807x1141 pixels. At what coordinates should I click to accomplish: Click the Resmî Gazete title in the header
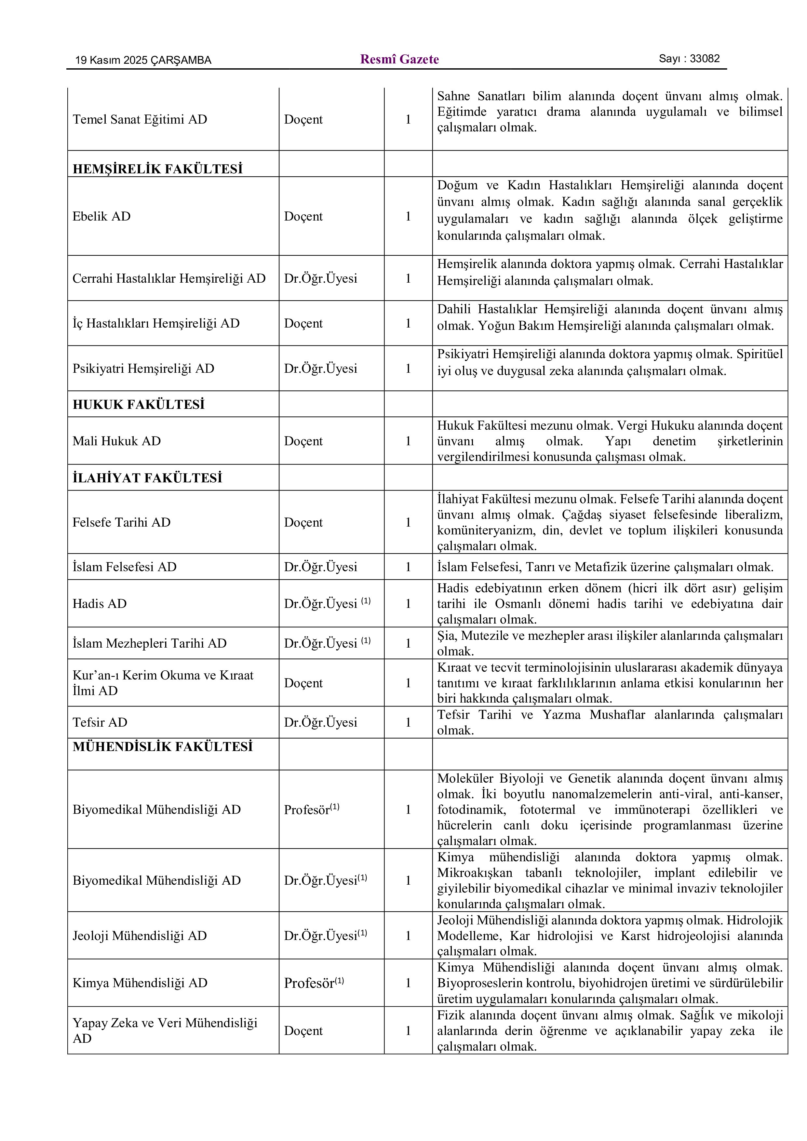pyautogui.click(x=399, y=60)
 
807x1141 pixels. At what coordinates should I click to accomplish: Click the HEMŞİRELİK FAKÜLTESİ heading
pyautogui.click(x=157, y=169)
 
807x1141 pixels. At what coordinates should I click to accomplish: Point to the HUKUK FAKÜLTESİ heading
pyautogui.click(x=139, y=405)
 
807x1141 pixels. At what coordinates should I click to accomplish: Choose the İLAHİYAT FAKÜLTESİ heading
pyautogui.click(x=147, y=478)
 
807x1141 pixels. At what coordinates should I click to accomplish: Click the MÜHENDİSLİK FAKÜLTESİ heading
pyautogui.click(x=163, y=746)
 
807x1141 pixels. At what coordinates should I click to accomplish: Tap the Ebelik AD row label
pyautogui.click(x=101, y=216)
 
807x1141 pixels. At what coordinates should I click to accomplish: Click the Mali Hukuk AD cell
pyautogui.click(x=117, y=441)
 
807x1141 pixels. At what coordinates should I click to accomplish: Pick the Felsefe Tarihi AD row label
pyautogui.click(x=121, y=522)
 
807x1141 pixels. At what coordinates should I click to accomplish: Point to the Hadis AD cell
pyautogui.click(x=100, y=604)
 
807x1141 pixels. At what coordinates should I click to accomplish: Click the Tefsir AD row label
pyautogui.click(x=100, y=723)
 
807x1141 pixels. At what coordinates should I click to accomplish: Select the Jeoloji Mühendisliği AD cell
pyautogui.click(x=140, y=936)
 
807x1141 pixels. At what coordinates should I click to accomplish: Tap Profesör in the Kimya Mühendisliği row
pyautogui.click(x=309, y=983)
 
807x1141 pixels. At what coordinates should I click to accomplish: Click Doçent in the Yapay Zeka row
pyautogui.click(x=303, y=1031)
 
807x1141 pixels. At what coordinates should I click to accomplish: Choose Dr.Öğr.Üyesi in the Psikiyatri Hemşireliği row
pyautogui.click(x=320, y=369)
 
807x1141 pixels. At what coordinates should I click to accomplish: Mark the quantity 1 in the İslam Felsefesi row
pyautogui.click(x=408, y=567)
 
